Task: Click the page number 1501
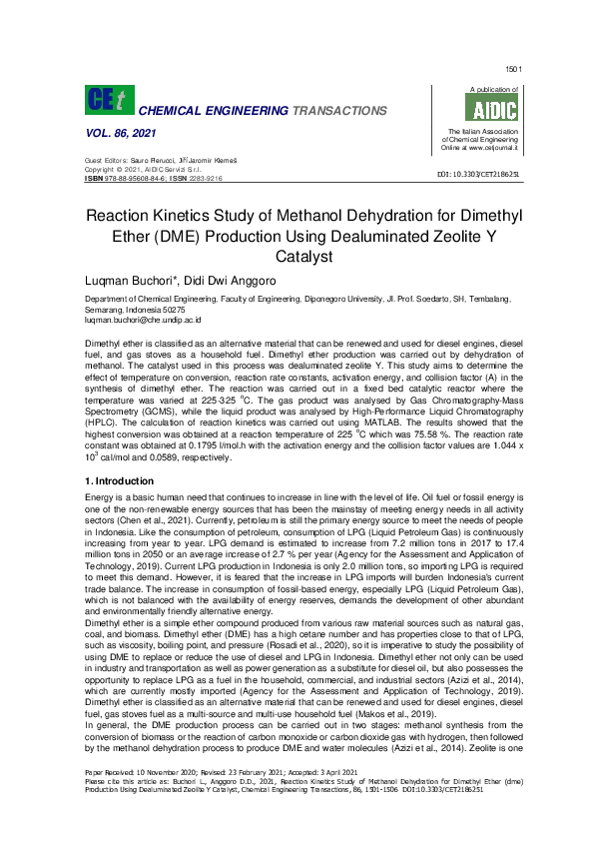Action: tap(514, 69)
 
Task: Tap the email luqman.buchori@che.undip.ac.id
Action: tap(144, 321)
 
